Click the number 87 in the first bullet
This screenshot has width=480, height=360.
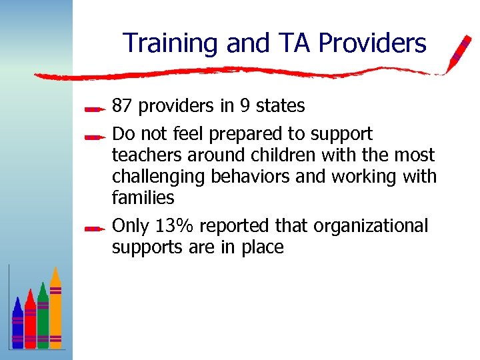pos(123,106)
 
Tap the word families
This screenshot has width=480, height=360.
pos(143,197)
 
